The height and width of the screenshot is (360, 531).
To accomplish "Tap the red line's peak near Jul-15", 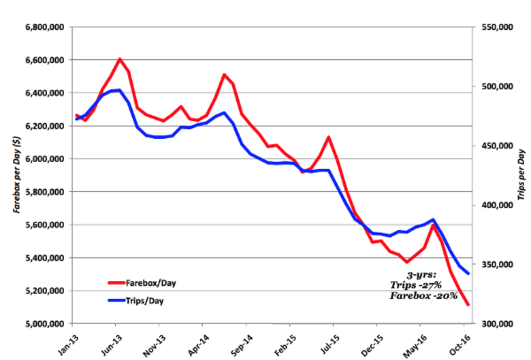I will pyautogui.click(x=328, y=137).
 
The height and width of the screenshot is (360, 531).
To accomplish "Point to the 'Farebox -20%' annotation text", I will pyautogui.click(x=423, y=296).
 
